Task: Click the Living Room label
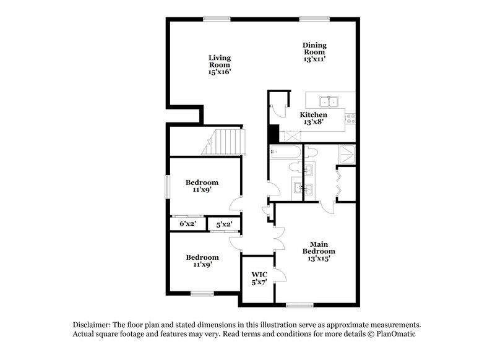(x=219, y=65)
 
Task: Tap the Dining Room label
(x=314, y=52)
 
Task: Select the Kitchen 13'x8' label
(x=314, y=119)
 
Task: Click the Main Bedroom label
(x=319, y=251)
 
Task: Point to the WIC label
(x=259, y=278)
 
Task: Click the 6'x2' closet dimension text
(x=187, y=223)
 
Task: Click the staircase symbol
(x=223, y=142)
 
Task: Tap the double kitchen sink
(x=329, y=101)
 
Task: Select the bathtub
(x=285, y=152)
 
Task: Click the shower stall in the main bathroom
(x=347, y=153)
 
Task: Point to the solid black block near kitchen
(x=272, y=134)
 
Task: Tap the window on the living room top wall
(x=218, y=19)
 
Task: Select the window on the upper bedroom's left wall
(x=167, y=187)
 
